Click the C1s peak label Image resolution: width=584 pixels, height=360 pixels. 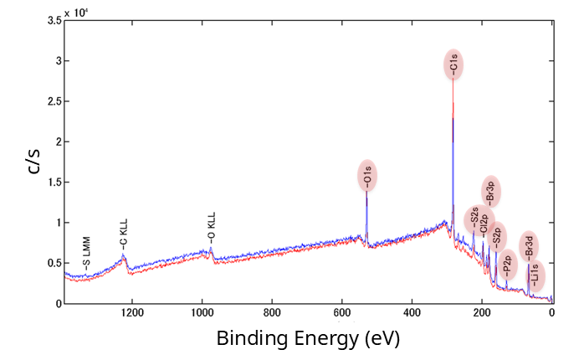[453, 64]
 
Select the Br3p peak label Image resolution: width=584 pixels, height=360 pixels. [491, 192]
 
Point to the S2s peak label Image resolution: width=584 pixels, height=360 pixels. [474, 219]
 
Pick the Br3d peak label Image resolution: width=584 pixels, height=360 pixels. [528, 246]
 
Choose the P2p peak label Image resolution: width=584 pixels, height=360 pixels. [507, 262]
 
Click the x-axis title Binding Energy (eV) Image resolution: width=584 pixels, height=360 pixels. [308, 339]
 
